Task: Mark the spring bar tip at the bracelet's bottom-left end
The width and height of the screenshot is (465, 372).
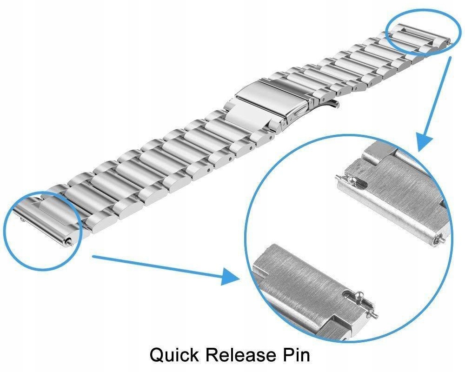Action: (x=69, y=240)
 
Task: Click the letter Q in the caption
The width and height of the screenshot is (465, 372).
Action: (x=158, y=355)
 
